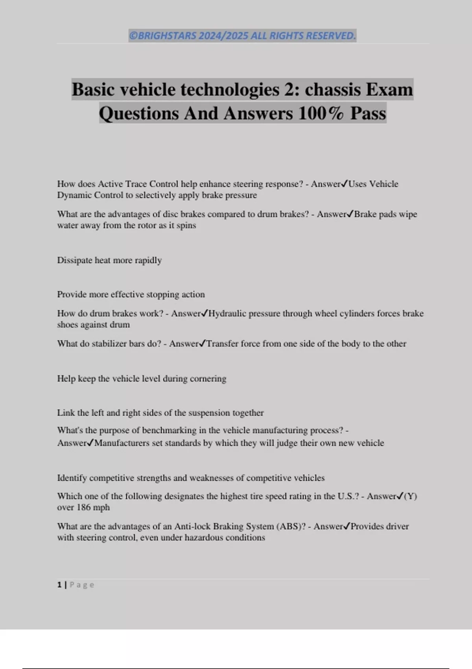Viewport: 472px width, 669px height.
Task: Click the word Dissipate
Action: click(75, 261)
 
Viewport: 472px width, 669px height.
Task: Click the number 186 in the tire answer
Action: click(84, 508)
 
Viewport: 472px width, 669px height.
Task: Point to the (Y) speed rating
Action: click(410, 496)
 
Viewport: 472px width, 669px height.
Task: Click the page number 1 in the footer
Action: click(59, 585)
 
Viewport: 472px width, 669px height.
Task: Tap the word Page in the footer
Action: click(82, 585)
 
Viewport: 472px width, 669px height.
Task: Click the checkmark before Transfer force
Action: click(203, 344)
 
